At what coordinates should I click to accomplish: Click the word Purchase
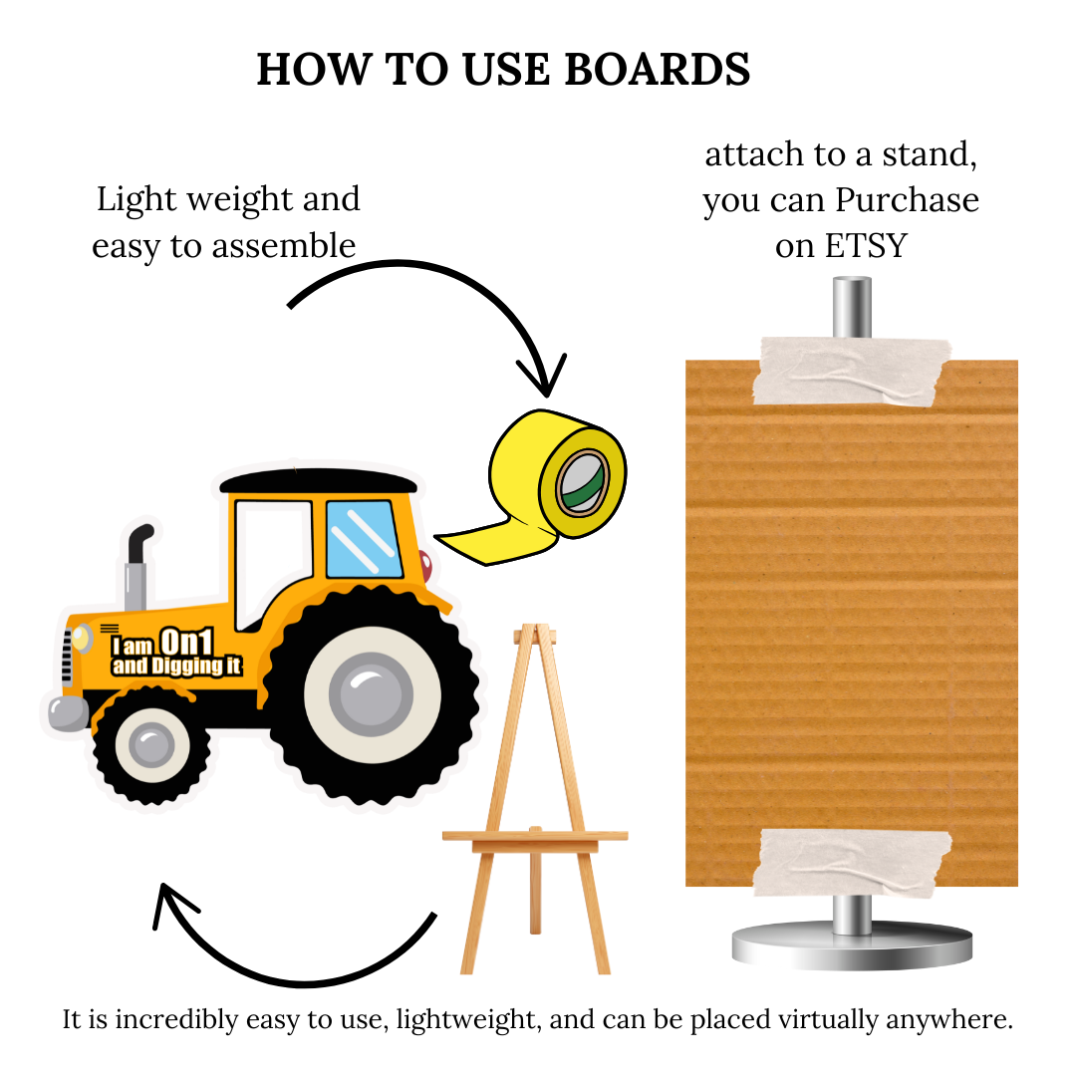coord(907,201)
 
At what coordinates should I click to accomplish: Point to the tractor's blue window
coord(364,539)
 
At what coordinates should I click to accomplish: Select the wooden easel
coord(534,797)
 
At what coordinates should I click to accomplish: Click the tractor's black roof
coord(318,481)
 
